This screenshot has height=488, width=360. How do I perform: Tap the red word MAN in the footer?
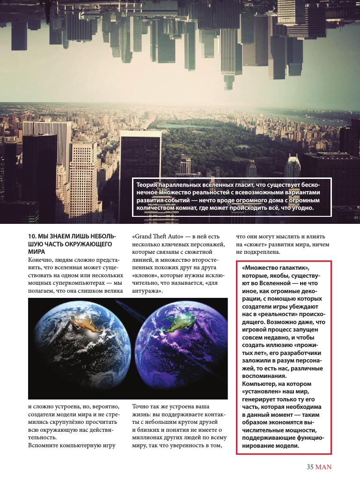[x=323, y=466]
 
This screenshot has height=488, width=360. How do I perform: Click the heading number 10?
[x=32, y=237]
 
